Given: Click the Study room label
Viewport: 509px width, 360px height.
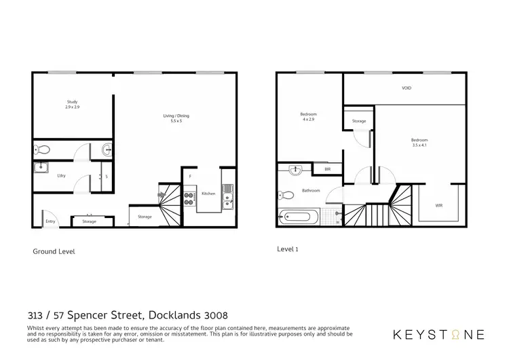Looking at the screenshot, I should (73, 102).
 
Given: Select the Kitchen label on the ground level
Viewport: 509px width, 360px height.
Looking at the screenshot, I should (208, 194).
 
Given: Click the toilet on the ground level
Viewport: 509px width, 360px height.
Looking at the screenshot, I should (43, 149).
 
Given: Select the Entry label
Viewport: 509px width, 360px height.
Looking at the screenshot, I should (50, 221).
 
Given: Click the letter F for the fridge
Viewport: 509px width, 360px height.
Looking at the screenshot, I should (191, 177).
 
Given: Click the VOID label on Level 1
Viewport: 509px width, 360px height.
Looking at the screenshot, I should (407, 88).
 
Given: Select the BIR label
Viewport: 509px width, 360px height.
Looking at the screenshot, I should (327, 168).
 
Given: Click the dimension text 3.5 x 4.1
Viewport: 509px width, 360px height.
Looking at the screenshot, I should (419, 145).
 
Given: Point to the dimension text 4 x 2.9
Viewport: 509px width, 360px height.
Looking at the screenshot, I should (308, 119).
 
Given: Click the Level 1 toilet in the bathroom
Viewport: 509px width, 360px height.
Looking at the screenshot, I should (288, 195).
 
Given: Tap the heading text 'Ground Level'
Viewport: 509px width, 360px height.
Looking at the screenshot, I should (54, 251).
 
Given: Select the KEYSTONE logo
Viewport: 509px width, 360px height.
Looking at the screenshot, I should (439, 334).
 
